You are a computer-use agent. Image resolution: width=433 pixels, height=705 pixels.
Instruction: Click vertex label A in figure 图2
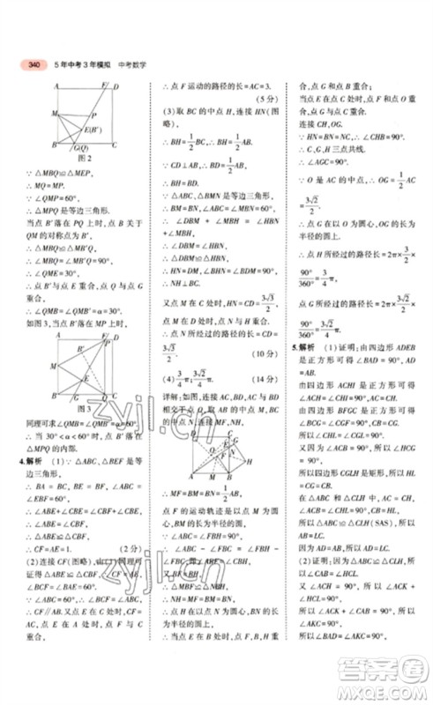pyautogui.click(x=56, y=86)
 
